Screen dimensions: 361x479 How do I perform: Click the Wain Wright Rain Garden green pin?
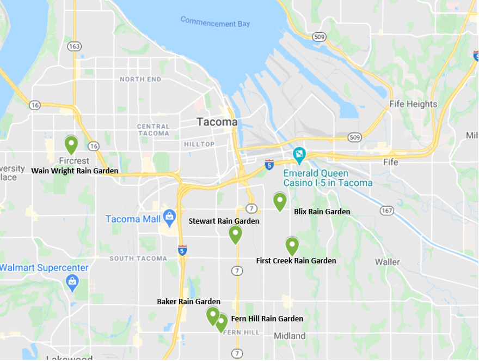click(71, 144)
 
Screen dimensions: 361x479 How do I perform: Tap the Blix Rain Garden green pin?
click(280, 201)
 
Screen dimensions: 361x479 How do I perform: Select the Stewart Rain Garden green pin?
click(235, 234)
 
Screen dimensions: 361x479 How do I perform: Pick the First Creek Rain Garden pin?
click(292, 246)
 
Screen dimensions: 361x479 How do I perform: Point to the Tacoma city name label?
click(217, 122)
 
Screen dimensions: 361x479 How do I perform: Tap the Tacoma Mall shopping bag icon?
click(168, 216)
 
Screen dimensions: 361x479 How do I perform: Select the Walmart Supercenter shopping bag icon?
click(71, 281)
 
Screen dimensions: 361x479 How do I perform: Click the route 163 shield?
click(75, 46)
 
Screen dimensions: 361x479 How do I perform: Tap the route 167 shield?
click(387, 210)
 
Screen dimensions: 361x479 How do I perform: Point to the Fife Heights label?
click(413, 104)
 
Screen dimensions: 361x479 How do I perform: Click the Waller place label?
click(388, 262)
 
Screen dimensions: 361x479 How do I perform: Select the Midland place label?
click(290, 336)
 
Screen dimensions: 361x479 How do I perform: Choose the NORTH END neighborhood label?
click(140, 80)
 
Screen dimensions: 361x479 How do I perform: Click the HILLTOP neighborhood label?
click(200, 144)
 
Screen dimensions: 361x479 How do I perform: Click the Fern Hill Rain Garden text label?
click(267, 318)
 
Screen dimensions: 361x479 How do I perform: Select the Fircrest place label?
click(75, 161)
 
